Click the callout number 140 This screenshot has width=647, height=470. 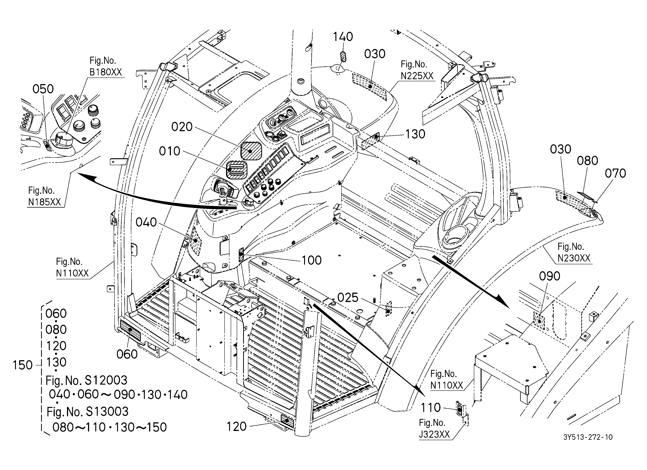(343, 37)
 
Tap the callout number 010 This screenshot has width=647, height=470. (170, 151)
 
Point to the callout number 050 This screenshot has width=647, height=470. (43, 89)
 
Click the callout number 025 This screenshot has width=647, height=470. (348, 298)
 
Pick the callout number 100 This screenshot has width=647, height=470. (312, 260)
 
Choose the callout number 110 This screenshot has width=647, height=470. (431, 408)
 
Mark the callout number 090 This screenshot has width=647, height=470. (550, 276)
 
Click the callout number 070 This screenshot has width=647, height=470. (615, 173)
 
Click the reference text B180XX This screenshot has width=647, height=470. (106, 72)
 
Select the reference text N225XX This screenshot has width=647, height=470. (417, 76)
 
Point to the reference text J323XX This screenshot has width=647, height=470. (434, 434)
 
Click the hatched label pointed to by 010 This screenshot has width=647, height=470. (236, 170)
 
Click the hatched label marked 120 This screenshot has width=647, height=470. (288, 421)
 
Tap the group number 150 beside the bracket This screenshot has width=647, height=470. (23, 365)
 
